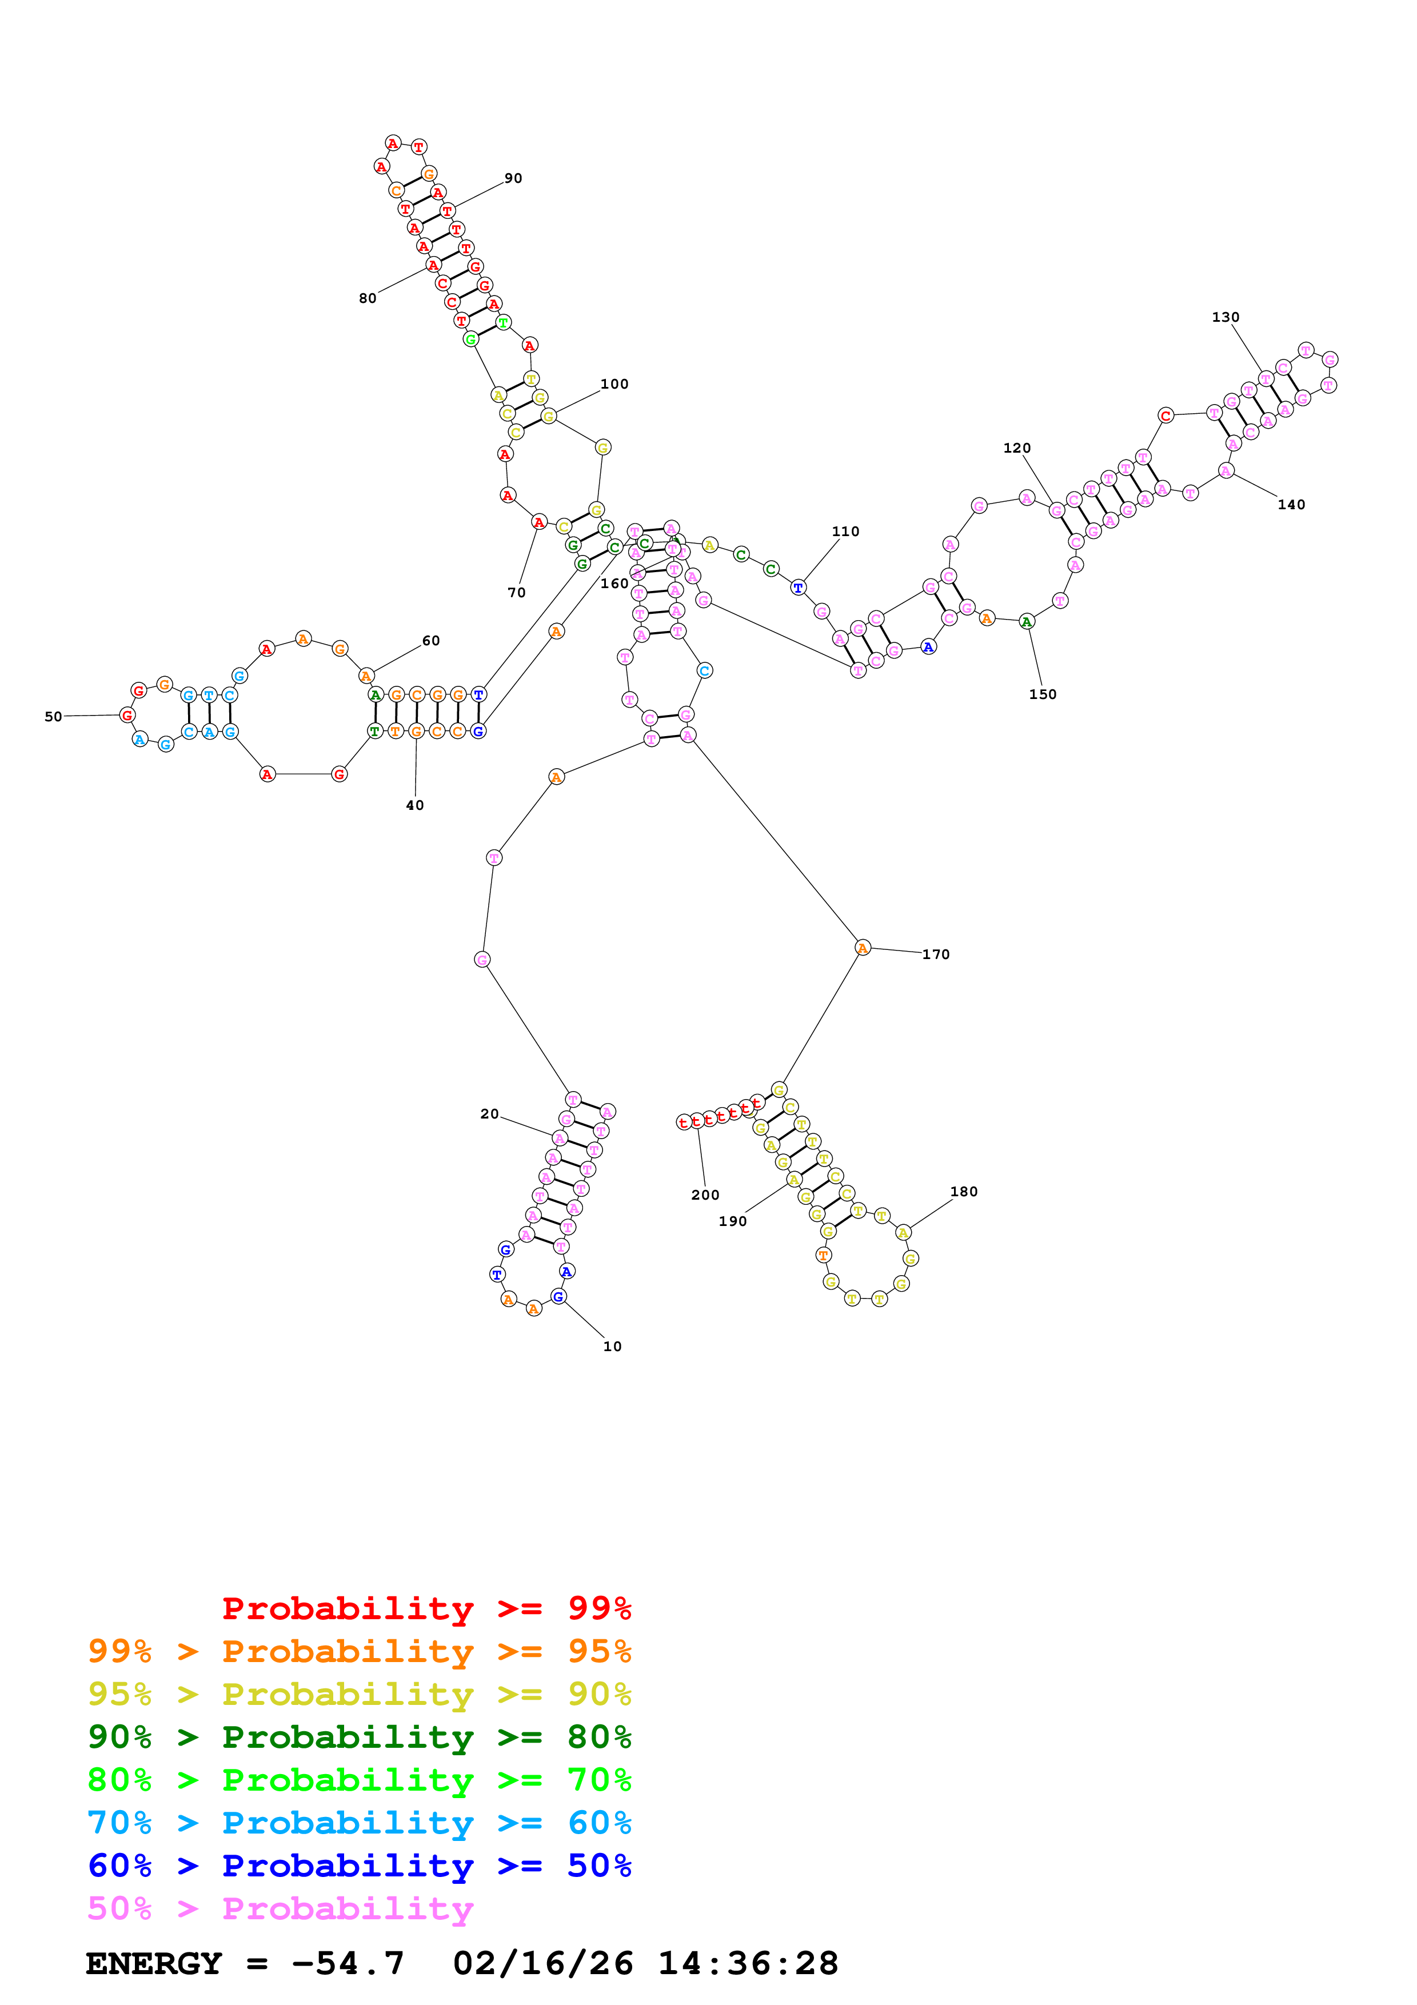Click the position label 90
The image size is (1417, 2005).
pos(513,178)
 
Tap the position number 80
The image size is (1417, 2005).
pos(368,299)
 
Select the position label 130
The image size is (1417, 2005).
pos(1225,317)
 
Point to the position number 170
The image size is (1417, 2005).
pos(935,954)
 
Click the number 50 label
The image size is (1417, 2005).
pos(53,717)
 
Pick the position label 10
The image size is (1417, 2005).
pos(612,1347)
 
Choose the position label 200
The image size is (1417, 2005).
pos(705,1196)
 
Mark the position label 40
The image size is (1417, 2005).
pos(415,805)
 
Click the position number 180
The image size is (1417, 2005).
pos(963,1192)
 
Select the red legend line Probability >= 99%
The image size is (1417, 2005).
pos(426,1608)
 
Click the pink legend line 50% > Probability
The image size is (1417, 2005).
pos(280,1909)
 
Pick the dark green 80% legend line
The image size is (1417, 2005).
pos(359,1737)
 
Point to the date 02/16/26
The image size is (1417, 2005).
pos(543,1964)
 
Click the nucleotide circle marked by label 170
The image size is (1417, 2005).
pos(862,948)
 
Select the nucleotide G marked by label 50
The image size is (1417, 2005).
pos(127,715)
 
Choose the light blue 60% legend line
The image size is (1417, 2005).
pos(359,1823)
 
